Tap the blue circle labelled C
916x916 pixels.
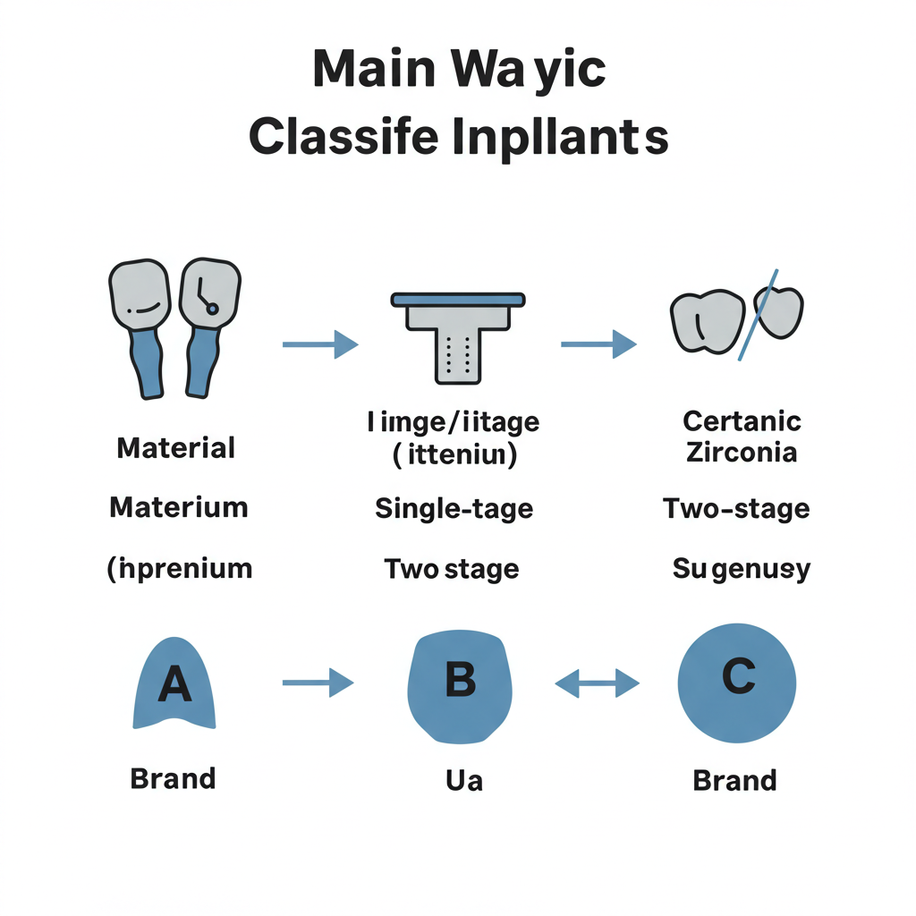pos(737,682)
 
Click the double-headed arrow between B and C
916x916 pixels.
pos(598,685)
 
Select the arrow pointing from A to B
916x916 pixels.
pos(318,683)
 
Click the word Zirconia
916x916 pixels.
pos(742,451)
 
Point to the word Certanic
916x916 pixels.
pos(742,420)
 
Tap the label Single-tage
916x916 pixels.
pos(454,509)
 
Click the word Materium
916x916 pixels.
pos(178,507)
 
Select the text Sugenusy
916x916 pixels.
pos(741,568)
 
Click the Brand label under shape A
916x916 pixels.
pos(173,778)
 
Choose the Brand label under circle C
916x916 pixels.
pos(734,780)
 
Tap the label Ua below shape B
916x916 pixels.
pos(463,780)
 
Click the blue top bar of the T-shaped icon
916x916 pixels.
pos(457,299)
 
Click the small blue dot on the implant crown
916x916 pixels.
pos(212,309)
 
